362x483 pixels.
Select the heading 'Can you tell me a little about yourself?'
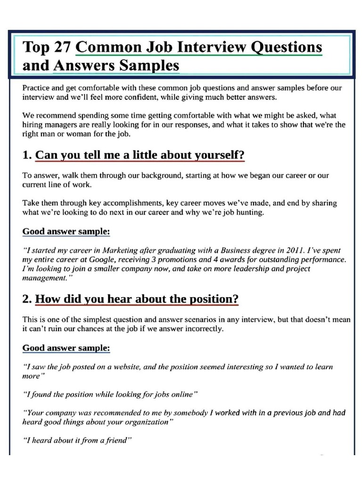(140, 155)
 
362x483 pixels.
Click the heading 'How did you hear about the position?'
(137, 299)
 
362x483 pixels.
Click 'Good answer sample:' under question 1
(66, 232)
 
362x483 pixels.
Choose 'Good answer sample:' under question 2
(66, 348)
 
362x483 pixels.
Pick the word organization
(147, 422)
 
